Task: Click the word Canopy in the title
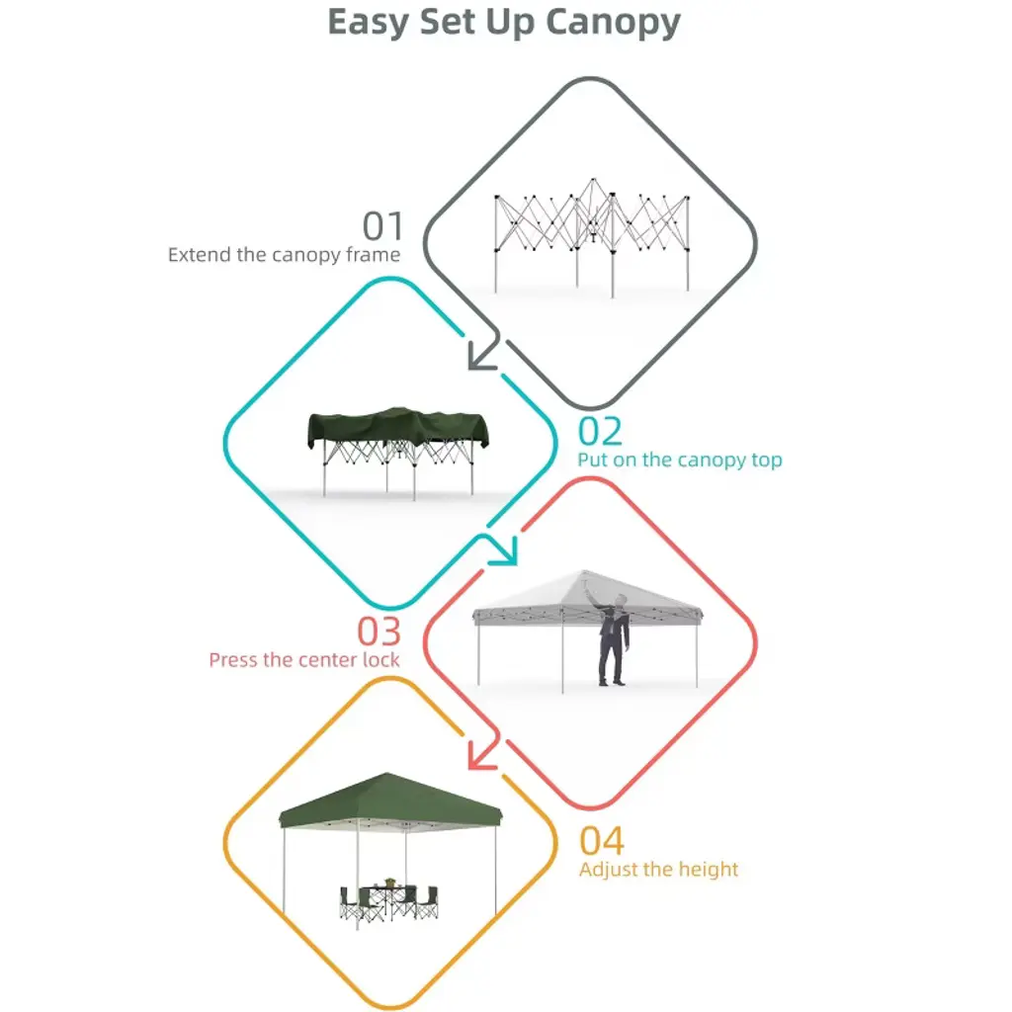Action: [x=613, y=24]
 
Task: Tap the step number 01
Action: [x=382, y=226]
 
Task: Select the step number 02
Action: [x=600, y=431]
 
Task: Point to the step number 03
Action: [x=379, y=632]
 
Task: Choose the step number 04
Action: [x=602, y=841]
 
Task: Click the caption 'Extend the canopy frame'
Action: [x=284, y=255]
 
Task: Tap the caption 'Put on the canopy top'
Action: [x=680, y=460]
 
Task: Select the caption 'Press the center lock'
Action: [x=304, y=659]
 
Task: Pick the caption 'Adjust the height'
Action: [x=658, y=870]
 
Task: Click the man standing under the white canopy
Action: [x=613, y=639]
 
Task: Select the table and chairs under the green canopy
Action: [x=388, y=900]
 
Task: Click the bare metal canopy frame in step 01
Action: [x=592, y=236]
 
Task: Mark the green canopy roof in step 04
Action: [x=389, y=801]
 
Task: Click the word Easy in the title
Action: [x=368, y=24]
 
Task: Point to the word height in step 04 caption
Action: [x=706, y=870]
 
